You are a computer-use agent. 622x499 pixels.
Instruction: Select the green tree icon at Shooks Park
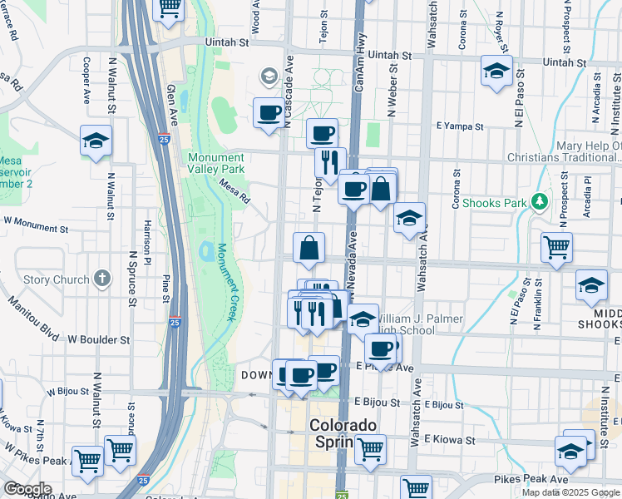coord(540,201)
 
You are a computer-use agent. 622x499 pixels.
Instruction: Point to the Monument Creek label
coord(225,283)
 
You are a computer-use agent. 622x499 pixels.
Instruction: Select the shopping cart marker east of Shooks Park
coord(556,246)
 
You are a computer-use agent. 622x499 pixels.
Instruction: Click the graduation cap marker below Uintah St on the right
coord(496,72)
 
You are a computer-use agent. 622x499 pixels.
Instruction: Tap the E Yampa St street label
coord(460,126)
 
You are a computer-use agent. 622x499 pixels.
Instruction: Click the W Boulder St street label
coord(99,339)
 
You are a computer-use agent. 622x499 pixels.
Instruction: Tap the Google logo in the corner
coord(27,489)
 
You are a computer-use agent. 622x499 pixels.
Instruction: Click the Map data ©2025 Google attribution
coord(570,492)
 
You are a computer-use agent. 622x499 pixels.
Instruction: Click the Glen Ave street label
coord(174,105)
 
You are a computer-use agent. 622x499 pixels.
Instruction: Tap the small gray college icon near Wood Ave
coord(269,77)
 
